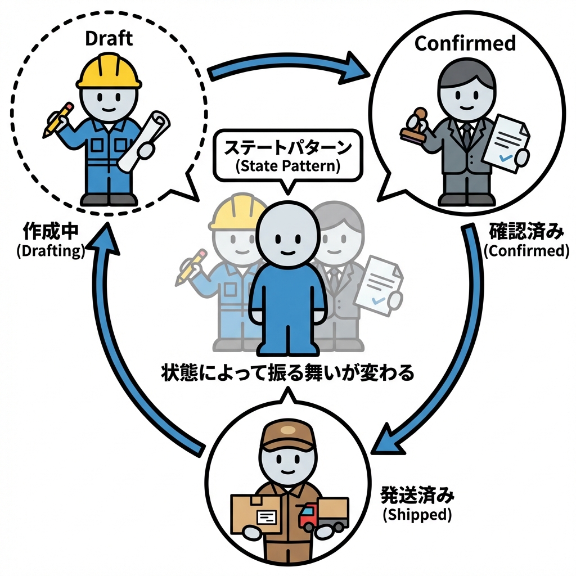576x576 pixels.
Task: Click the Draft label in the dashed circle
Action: (109, 39)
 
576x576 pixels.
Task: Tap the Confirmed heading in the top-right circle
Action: (465, 43)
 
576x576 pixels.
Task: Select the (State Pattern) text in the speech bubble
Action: (288, 166)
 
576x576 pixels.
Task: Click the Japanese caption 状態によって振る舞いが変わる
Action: (288, 373)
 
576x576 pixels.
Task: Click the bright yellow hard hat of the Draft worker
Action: (109, 73)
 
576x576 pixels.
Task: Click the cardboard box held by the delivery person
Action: (256, 513)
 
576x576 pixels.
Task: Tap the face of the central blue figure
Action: (287, 236)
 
